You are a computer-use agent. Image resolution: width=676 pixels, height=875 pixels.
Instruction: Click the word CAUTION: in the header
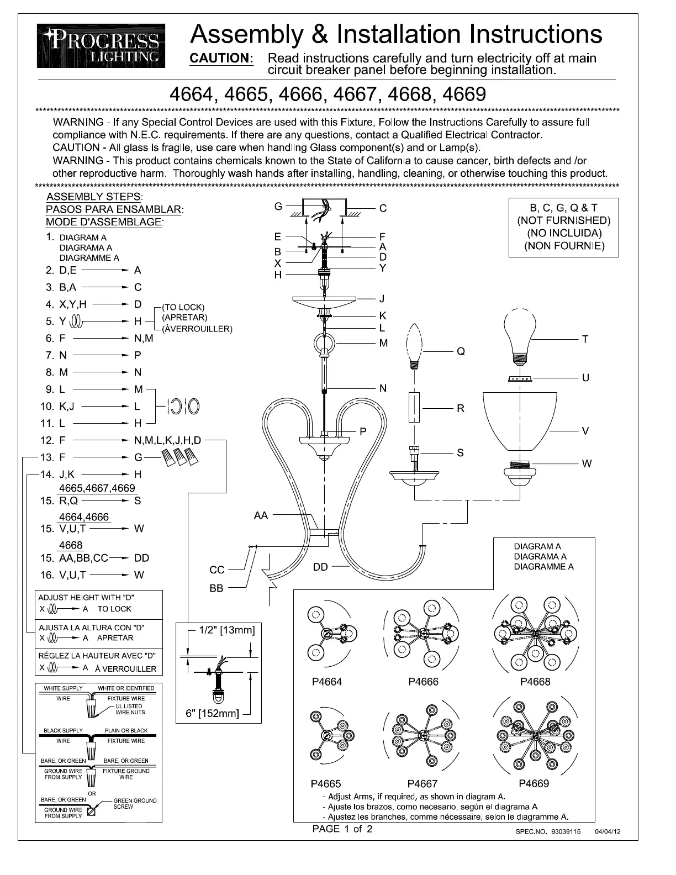tap(221, 59)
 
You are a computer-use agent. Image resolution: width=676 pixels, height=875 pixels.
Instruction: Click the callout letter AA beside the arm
tap(261, 515)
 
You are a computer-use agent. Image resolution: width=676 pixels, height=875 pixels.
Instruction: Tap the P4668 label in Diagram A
tap(535, 682)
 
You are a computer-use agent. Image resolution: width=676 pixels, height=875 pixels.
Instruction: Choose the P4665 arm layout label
tap(326, 783)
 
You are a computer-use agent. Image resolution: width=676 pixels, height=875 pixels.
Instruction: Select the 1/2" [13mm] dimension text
tap(226, 630)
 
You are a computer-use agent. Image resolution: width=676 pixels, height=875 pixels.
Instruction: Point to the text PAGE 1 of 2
tap(342, 829)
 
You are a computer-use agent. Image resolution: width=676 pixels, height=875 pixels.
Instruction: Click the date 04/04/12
tap(608, 831)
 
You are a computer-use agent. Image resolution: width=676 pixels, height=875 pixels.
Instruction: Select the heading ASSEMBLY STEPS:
tap(94, 197)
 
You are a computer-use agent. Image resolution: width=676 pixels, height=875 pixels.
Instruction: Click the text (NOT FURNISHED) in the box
tap(564, 220)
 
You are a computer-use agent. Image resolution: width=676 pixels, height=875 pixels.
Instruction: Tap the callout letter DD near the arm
tap(320, 567)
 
